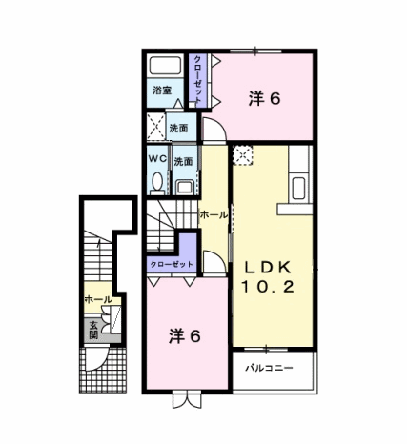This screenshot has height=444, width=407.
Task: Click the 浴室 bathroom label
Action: (x=162, y=91)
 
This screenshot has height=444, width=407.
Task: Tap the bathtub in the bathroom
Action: (x=165, y=66)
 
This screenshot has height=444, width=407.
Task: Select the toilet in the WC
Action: (x=156, y=184)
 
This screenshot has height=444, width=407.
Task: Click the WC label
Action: (x=158, y=159)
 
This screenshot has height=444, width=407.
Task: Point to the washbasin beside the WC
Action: (x=185, y=187)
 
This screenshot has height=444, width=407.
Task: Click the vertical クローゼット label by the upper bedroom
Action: (x=197, y=79)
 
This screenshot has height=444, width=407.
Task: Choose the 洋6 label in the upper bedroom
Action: (x=264, y=98)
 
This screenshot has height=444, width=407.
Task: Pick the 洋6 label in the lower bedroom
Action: (x=185, y=335)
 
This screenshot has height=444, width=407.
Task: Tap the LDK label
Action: (x=267, y=268)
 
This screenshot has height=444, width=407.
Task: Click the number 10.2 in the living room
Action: (x=267, y=288)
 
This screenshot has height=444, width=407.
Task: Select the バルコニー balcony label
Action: (x=269, y=368)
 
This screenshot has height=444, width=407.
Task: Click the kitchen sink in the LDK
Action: (x=298, y=188)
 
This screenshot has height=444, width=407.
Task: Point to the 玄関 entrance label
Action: (x=93, y=331)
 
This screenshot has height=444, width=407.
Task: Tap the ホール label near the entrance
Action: (x=98, y=299)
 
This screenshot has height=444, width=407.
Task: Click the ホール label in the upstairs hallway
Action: (x=214, y=215)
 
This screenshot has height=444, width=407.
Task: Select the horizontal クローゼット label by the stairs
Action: (x=172, y=264)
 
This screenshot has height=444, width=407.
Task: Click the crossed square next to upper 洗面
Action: (x=155, y=128)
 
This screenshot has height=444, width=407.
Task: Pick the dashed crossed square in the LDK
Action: (x=243, y=155)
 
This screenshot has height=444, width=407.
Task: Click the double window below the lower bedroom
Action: (x=188, y=400)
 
